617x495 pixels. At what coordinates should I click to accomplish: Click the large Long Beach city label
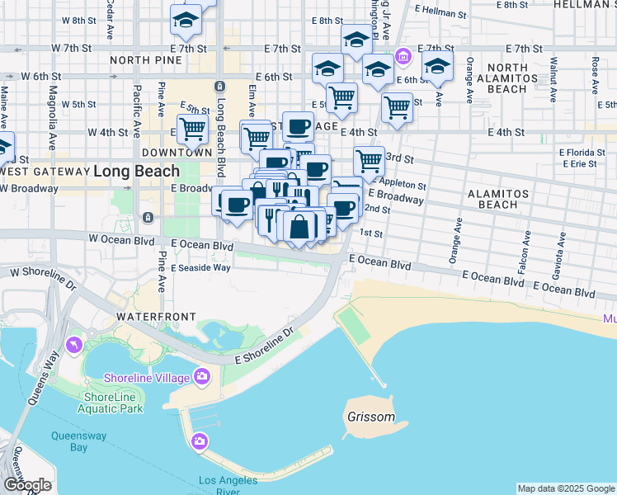click(x=136, y=172)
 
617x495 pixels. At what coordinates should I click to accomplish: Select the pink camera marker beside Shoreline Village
click(x=202, y=378)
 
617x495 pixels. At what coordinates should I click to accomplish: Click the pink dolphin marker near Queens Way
click(x=74, y=343)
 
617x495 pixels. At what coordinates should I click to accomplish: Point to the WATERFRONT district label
click(x=156, y=317)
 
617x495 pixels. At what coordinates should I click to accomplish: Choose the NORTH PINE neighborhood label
click(x=144, y=60)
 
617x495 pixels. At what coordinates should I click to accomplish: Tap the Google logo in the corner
click(x=27, y=485)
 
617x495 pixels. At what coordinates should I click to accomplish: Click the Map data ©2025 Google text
click(x=566, y=488)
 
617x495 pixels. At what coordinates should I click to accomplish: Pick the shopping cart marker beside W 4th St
click(x=192, y=129)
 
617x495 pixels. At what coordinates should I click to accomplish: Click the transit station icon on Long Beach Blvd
click(x=219, y=87)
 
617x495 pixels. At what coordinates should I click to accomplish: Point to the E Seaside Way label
click(x=201, y=267)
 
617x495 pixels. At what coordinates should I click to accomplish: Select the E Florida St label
click(x=582, y=153)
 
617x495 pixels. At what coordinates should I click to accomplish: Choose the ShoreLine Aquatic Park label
click(x=113, y=403)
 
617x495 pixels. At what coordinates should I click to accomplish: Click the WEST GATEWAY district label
click(x=45, y=171)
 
